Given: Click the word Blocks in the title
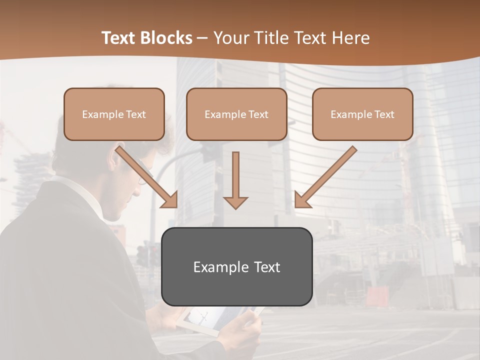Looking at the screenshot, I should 166,38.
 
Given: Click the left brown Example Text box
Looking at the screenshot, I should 114,114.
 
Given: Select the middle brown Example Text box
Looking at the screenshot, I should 236,114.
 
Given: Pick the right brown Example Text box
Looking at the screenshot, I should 362,114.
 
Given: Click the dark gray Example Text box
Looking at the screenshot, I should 236,267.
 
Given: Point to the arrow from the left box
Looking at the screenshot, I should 147,177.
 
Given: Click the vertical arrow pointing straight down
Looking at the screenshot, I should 235,180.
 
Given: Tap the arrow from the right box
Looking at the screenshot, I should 325,177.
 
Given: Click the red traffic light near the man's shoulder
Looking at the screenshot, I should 142,255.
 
